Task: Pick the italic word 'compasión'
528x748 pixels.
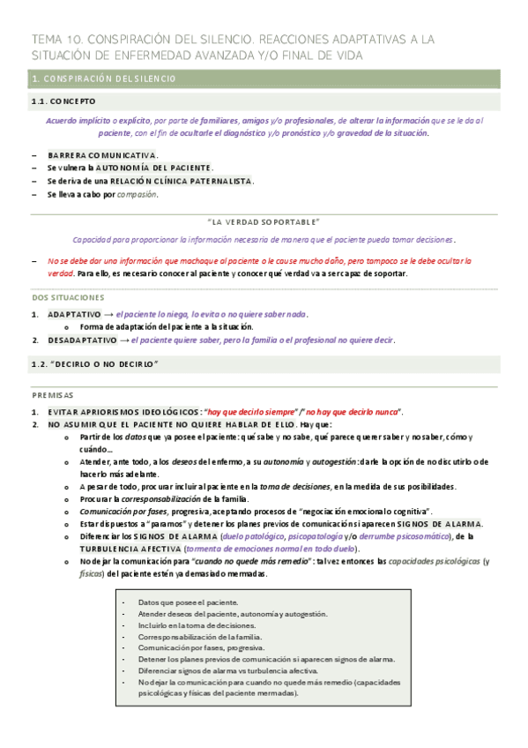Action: click(137, 194)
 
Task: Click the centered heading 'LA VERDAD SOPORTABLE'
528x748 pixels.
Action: click(264, 221)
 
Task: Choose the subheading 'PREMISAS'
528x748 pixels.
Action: click(53, 395)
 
